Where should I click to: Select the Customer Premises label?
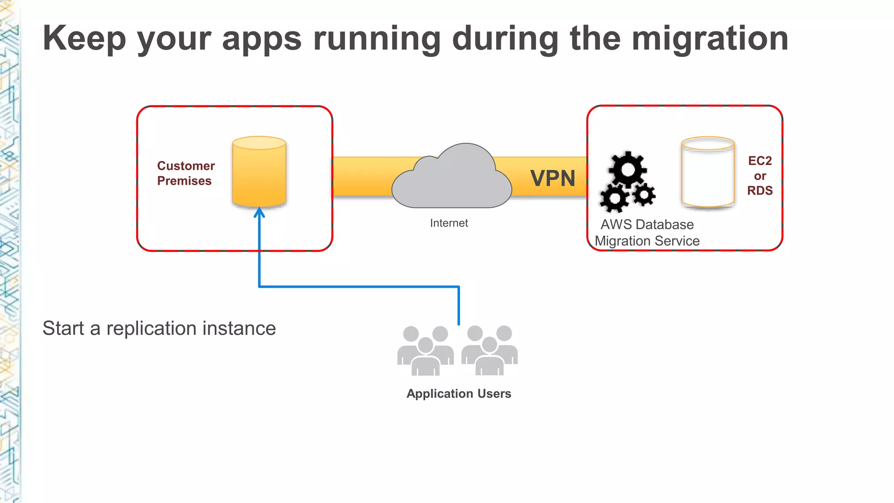pos(186,173)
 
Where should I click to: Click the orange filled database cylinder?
pos(259,172)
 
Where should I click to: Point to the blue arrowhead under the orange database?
pos(259,213)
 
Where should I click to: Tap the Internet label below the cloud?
pos(449,223)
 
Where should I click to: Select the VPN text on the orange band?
pos(553,178)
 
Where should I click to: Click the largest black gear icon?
pos(628,169)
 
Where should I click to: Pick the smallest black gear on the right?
pos(644,195)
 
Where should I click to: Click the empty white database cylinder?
pos(708,172)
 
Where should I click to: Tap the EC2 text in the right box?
pos(760,161)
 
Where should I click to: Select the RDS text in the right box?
pos(760,190)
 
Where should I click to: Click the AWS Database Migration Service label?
pos(647,233)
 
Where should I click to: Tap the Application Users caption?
pos(459,393)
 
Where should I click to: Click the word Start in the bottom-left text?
pos(63,328)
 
